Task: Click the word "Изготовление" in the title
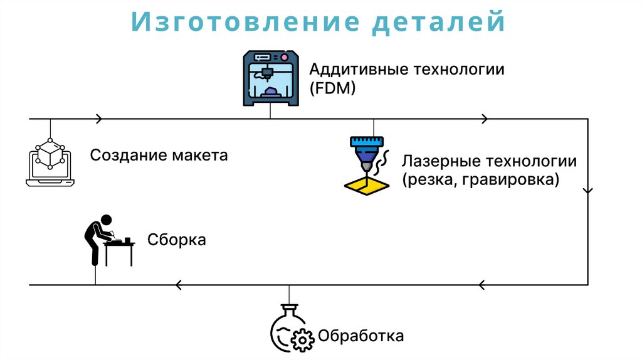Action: tap(245, 23)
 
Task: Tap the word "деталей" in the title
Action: tap(441, 23)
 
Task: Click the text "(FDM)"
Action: tap(332, 88)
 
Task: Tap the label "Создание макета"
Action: tap(159, 155)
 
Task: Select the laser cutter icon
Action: tap(367, 162)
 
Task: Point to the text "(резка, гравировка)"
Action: tap(480, 181)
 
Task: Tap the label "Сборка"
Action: tap(177, 240)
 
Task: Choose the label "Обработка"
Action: tap(360, 336)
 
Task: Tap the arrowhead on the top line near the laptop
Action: tap(98, 119)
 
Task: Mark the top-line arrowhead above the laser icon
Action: tap(483, 119)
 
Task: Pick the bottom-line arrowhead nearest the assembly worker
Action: tap(179, 285)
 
